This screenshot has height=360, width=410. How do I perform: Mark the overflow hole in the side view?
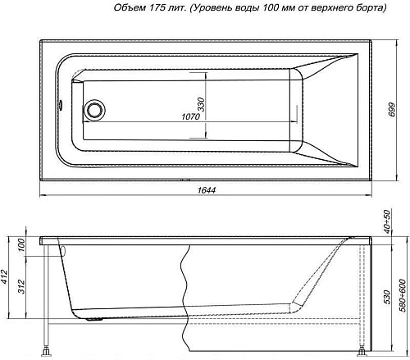tap(61, 252)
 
